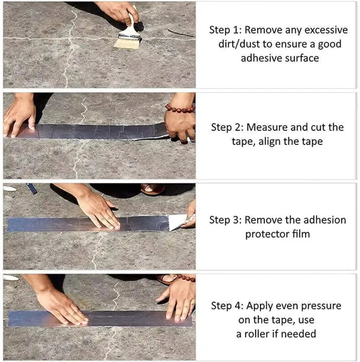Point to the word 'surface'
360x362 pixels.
300,58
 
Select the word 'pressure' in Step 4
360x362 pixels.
319,306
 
